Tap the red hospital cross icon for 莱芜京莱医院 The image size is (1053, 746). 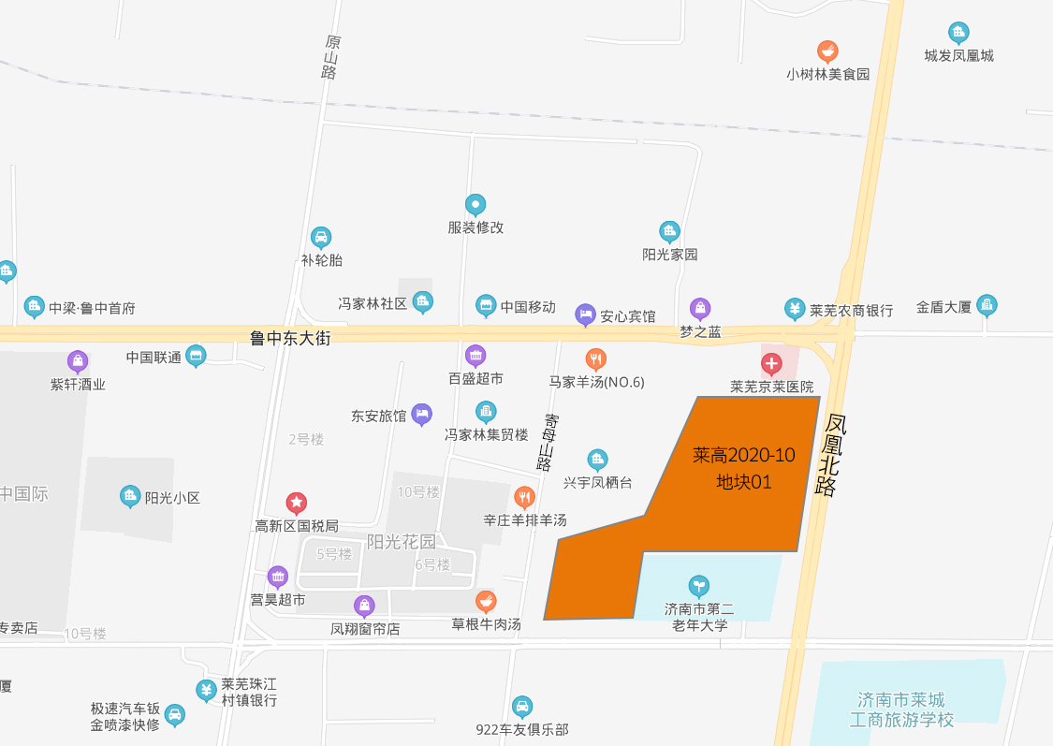(x=771, y=362)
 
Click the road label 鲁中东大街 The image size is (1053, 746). (x=290, y=338)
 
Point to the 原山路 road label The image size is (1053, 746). (x=330, y=57)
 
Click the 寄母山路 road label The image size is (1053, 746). (x=547, y=442)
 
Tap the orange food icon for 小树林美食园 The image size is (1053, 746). (x=827, y=51)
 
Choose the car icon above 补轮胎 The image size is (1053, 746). (x=321, y=238)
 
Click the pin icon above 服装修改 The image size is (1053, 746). (x=475, y=205)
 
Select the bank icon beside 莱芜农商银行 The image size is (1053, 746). (x=795, y=309)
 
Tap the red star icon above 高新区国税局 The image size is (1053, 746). (x=297, y=504)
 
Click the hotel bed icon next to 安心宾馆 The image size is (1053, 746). (x=585, y=315)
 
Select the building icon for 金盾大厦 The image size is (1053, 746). (x=987, y=305)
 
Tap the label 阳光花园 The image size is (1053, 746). (x=402, y=541)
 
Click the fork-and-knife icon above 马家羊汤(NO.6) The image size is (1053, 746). (x=595, y=359)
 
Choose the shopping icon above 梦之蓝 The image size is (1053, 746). (x=700, y=309)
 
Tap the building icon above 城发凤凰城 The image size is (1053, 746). (x=958, y=33)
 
